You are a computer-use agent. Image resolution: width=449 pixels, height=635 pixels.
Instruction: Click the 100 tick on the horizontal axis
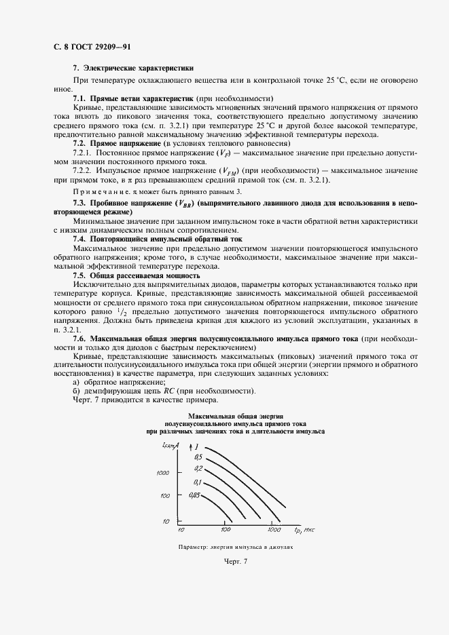226,529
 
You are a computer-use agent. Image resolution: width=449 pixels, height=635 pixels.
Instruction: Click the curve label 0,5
198,457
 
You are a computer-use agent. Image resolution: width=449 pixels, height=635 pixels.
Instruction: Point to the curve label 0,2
198,469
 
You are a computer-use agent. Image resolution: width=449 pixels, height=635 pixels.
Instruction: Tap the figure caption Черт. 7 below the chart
236,561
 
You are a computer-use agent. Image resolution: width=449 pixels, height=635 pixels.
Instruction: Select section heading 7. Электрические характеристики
133,69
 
